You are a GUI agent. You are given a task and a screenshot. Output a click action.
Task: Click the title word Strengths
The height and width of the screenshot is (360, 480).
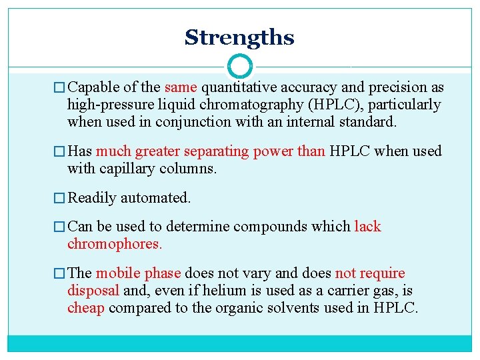pyautogui.click(x=239, y=37)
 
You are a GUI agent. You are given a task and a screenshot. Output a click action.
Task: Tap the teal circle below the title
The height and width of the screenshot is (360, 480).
pyautogui.click(x=240, y=67)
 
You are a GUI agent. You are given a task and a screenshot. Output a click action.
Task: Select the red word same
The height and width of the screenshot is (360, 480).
pyautogui.click(x=181, y=87)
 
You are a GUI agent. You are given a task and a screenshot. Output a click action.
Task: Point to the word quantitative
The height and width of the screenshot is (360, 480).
pyautogui.click(x=241, y=87)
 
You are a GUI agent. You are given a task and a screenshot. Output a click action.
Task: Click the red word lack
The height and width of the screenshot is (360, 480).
pyautogui.click(x=367, y=227)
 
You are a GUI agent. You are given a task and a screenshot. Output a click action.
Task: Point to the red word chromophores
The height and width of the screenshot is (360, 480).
pyautogui.click(x=115, y=244)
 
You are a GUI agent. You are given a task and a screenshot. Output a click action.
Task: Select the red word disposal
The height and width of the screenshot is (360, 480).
pyautogui.click(x=93, y=291)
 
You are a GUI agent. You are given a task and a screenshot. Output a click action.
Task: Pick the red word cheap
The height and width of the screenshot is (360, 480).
pyautogui.click(x=86, y=308)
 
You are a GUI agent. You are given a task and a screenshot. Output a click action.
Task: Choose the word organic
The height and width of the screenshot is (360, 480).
pyautogui.click(x=256, y=308)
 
